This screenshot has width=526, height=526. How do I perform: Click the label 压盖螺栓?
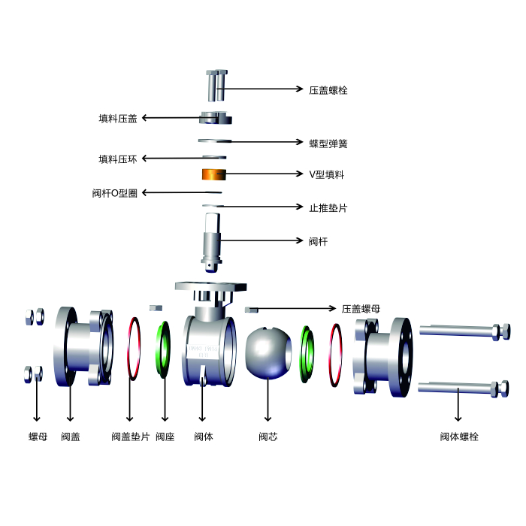(x=328, y=90)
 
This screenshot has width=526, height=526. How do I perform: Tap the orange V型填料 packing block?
(x=214, y=174)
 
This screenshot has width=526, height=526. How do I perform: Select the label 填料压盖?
(x=118, y=119)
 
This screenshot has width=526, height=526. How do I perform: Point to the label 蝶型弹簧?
(x=328, y=144)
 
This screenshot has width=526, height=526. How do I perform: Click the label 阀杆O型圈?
(x=115, y=193)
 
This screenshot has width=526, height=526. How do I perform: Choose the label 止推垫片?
(x=328, y=208)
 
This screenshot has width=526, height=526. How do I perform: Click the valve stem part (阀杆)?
(x=211, y=242)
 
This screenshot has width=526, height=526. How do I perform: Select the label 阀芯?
(x=268, y=437)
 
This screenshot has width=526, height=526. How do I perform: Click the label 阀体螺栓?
(x=459, y=437)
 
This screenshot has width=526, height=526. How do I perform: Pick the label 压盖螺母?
(x=361, y=309)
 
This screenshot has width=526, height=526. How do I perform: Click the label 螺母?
(x=38, y=437)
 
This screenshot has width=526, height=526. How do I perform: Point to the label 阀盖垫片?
(x=131, y=437)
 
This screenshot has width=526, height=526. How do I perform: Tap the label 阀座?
(x=165, y=437)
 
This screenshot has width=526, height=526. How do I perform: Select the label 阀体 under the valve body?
(x=204, y=437)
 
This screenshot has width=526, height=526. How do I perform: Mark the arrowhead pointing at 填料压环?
(x=144, y=159)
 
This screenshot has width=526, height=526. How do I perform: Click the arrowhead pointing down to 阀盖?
(x=70, y=419)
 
